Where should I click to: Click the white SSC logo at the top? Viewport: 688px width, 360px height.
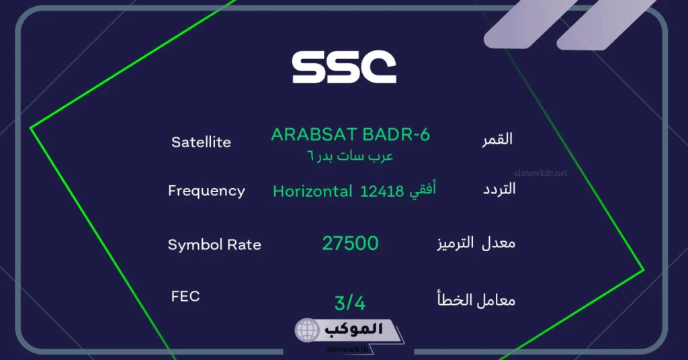[344, 68]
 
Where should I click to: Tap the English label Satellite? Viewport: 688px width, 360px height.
[201, 142]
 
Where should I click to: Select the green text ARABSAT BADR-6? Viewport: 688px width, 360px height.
[350, 134]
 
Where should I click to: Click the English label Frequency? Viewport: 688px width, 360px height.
[206, 191]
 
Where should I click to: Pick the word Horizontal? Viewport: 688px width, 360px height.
[312, 191]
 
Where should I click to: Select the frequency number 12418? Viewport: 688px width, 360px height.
[382, 191]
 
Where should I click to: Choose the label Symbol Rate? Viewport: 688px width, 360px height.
[214, 244]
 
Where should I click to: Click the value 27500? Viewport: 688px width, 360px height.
[350, 243]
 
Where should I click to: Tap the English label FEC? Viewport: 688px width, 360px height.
[185, 296]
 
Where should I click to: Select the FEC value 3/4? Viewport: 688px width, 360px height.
[350, 303]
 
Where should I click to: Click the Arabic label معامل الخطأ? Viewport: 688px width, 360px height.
[476, 300]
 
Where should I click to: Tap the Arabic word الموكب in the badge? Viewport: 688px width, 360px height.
[353, 330]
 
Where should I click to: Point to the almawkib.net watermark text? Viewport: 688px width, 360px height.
[540, 173]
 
